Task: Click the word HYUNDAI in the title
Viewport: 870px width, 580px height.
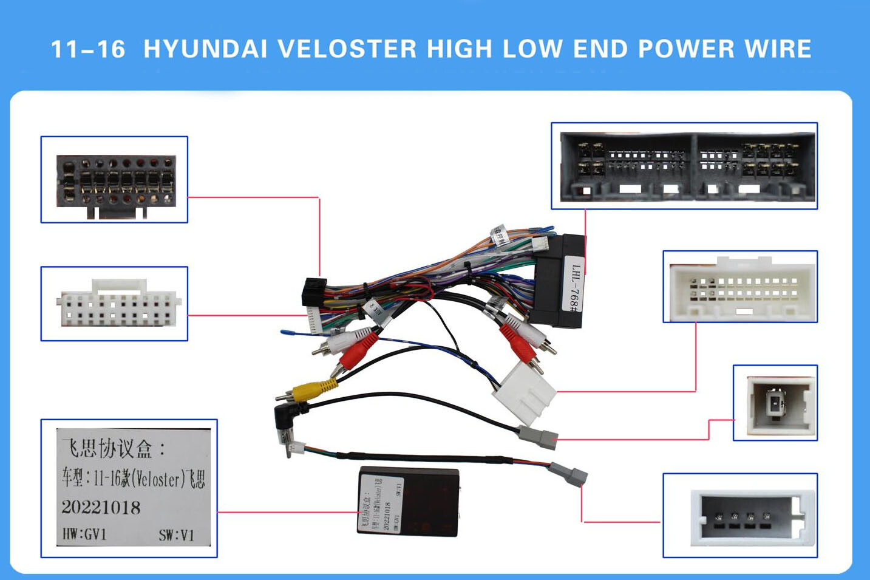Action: [x=205, y=49]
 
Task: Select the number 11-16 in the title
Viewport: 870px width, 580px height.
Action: [x=88, y=49]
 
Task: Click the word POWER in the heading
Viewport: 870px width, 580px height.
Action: [x=686, y=49]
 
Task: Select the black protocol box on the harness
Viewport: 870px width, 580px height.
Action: [x=408, y=501]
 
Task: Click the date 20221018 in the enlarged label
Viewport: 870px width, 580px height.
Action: [x=101, y=507]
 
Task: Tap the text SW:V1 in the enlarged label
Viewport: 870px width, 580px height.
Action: [x=176, y=535]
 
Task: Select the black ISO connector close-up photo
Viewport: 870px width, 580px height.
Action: [x=115, y=180]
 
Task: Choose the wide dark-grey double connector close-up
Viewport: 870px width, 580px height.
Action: [x=684, y=166]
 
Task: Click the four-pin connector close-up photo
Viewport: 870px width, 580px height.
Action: [x=740, y=516]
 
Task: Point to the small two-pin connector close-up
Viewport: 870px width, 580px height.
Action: [x=775, y=403]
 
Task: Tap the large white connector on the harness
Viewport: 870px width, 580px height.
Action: [x=524, y=392]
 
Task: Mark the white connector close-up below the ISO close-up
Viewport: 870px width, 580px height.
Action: [x=115, y=304]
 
